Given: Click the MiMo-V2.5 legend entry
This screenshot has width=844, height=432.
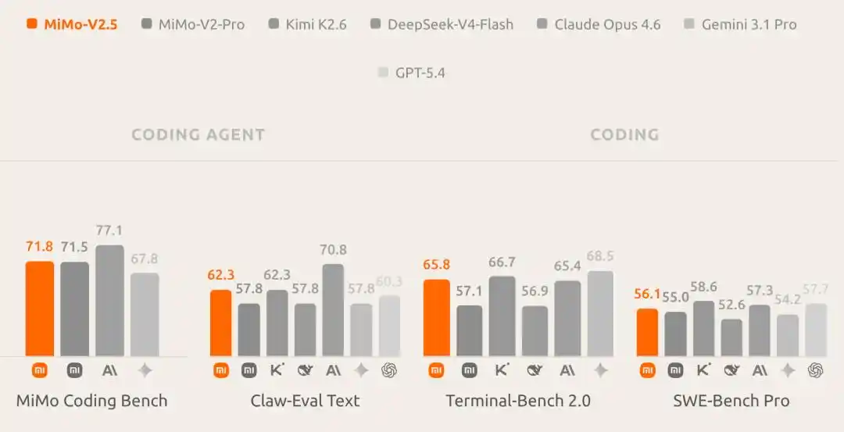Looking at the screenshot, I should click(72, 24).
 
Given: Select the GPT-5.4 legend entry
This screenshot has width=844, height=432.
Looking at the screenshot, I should click(412, 73).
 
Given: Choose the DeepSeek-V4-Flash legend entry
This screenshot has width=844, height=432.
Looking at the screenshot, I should click(442, 24).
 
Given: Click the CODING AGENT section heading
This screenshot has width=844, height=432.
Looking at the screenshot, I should click(198, 134).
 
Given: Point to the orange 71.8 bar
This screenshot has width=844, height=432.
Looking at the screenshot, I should click(40, 309).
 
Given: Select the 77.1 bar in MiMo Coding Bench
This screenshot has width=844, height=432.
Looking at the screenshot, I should click(109, 301).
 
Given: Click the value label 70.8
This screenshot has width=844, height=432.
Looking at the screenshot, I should click(333, 250).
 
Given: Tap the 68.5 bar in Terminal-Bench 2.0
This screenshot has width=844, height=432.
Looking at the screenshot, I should click(600, 314).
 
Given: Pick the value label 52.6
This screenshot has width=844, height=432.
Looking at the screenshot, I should click(731, 305).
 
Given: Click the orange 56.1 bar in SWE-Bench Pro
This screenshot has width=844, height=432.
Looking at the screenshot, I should click(647, 332).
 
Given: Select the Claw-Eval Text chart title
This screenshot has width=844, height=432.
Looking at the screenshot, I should click(305, 401).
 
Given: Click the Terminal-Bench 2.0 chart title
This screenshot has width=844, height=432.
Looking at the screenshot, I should click(518, 401).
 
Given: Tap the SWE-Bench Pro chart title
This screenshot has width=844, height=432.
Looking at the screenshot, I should click(731, 401).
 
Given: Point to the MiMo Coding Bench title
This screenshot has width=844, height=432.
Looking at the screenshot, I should click(92, 401).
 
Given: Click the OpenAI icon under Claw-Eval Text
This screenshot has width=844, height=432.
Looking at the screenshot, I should click(389, 370).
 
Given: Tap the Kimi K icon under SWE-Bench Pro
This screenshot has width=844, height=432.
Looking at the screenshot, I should click(703, 370).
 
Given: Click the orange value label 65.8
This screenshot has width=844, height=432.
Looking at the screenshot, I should click(437, 265).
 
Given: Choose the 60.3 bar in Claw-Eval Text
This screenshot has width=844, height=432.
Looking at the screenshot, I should click(389, 326).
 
